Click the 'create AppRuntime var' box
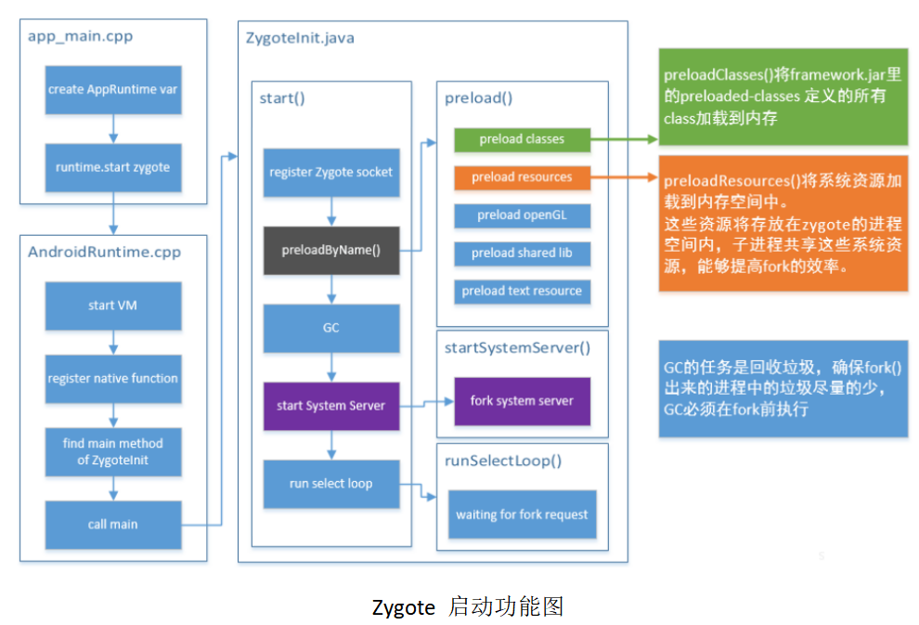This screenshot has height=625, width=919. pyautogui.click(x=112, y=90)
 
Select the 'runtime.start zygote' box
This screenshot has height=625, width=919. pyautogui.click(x=112, y=168)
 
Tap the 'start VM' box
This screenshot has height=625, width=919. pyautogui.click(x=112, y=306)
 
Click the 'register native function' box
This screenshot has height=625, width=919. pyautogui.click(x=112, y=378)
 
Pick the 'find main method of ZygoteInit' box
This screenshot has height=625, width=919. pyautogui.click(x=112, y=451)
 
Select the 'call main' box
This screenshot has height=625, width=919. pyautogui.click(x=112, y=525)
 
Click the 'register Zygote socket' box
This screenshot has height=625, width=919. pyautogui.click(x=330, y=172)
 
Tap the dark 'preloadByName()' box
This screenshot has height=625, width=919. pyautogui.click(x=330, y=250)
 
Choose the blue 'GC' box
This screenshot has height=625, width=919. pyautogui.click(x=330, y=328)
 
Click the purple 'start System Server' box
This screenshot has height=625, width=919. pyautogui.click(x=330, y=406)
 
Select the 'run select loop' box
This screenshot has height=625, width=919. pyautogui.click(x=330, y=484)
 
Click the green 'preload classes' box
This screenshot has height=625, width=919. pyautogui.click(x=522, y=139)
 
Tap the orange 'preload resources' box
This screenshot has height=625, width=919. pyautogui.click(x=522, y=177)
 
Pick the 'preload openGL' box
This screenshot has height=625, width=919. pyautogui.click(x=522, y=215)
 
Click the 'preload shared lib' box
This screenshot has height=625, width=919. pyautogui.click(x=522, y=253)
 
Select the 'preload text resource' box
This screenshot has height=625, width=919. pyautogui.click(x=522, y=291)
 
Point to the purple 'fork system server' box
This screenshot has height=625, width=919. pyautogui.click(x=522, y=401)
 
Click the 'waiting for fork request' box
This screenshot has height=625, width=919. pyautogui.click(x=522, y=514)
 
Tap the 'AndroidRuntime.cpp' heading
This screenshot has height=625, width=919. pyautogui.click(x=104, y=252)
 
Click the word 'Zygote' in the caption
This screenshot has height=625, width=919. pyautogui.click(x=403, y=607)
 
